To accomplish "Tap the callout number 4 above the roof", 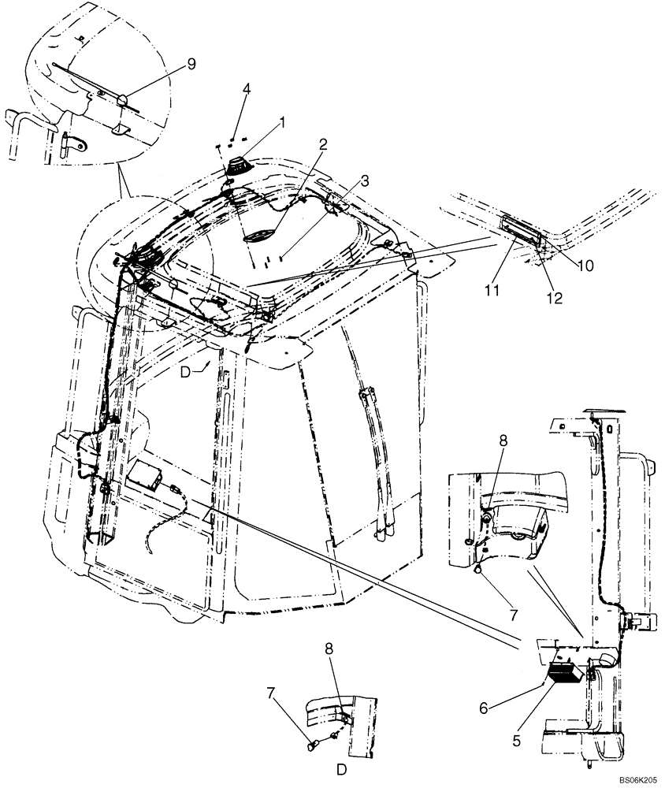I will click(247, 89).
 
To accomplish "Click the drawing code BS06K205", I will click(637, 778).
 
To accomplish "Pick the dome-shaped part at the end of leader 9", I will click(124, 98).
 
